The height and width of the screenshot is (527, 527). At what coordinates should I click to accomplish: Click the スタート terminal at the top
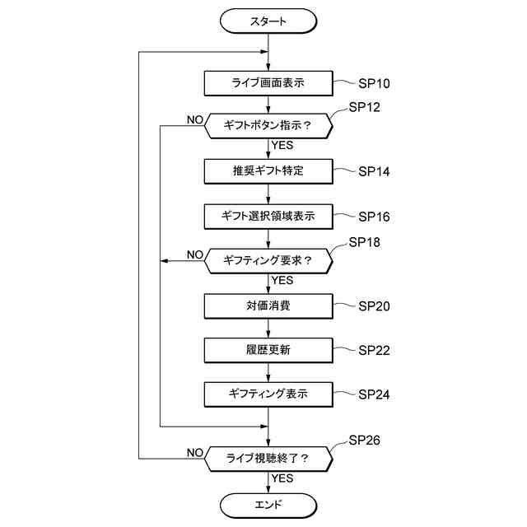[268, 21]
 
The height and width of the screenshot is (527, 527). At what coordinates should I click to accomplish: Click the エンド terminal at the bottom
[268, 504]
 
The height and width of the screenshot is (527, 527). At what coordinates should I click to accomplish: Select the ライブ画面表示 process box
[268, 83]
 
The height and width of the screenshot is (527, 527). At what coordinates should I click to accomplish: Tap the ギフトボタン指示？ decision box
[268, 126]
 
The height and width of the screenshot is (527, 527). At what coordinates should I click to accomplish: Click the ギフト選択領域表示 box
[268, 216]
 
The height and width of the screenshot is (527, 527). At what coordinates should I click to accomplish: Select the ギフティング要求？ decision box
[268, 260]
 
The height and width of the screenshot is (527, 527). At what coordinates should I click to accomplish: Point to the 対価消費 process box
[268, 305]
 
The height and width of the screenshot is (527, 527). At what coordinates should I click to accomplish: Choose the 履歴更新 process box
[268, 350]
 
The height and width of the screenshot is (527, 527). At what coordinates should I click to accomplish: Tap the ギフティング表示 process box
[268, 394]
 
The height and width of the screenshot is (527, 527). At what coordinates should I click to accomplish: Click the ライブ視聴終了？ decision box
[268, 458]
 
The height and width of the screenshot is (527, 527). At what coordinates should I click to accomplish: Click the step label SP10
[374, 83]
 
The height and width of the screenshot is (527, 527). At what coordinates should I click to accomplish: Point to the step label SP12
[364, 108]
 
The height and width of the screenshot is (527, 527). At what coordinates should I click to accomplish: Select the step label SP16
[374, 217]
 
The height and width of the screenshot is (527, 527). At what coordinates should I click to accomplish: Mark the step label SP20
[374, 305]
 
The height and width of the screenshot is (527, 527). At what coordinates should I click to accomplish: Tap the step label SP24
[374, 394]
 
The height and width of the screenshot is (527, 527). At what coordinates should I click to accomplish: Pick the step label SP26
[364, 441]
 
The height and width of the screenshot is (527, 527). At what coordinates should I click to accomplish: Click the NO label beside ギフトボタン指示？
[195, 120]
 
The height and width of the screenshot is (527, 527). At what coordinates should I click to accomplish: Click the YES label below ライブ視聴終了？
[282, 478]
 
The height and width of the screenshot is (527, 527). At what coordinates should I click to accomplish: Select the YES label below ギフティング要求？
[282, 280]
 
